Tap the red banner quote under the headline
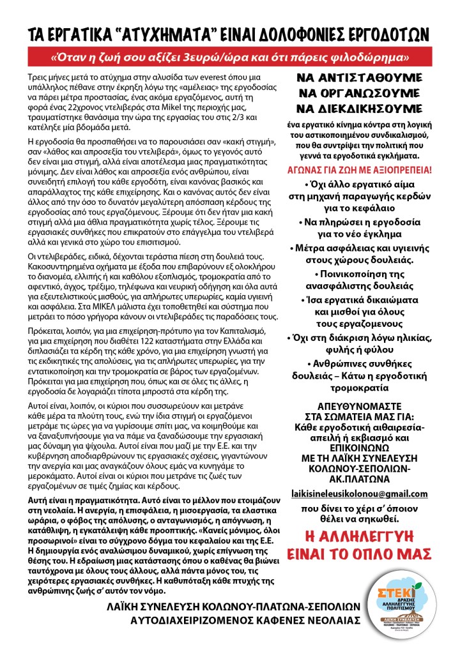pos(229,57)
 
